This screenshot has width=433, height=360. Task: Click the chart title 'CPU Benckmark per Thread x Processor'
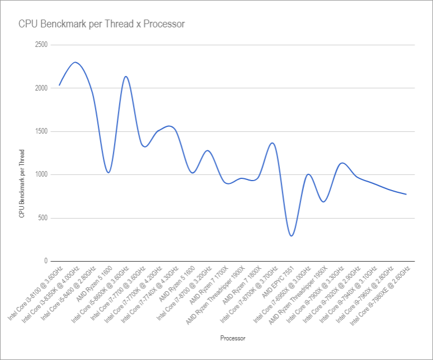click(101, 25)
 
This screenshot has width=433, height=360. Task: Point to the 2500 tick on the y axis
click(41, 45)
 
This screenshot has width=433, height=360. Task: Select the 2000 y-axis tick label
click(41, 88)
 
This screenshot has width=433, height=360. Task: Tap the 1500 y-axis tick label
click(41, 131)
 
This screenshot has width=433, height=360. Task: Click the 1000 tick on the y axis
click(41, 174)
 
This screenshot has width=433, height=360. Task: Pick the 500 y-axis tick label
click(42, 218)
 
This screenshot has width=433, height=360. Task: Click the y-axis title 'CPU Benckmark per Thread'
click(22, 183)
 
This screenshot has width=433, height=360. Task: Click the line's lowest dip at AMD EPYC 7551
click(291, 236)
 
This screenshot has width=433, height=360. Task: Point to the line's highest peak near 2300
click(75, 62)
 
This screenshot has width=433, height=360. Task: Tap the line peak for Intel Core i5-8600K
click(126, 77)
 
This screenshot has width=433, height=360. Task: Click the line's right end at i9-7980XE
click(406, 195)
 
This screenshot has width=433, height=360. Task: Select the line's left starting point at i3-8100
click(59, 86)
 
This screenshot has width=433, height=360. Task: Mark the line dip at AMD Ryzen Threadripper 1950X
click(323, 202)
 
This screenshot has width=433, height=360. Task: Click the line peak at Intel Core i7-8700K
click(272, 143)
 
